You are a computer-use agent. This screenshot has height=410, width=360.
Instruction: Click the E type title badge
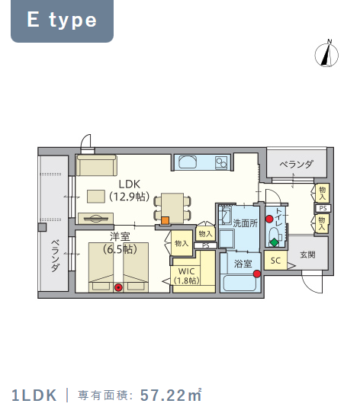(62, 21)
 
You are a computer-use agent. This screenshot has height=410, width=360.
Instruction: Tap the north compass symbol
(326, 53)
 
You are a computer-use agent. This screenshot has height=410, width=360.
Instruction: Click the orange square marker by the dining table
(165, 220)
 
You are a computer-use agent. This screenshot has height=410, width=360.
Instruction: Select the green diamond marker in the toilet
(274, 242)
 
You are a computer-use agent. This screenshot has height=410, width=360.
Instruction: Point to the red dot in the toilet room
(269, 219)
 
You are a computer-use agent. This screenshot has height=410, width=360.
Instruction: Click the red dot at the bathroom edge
(257, 274)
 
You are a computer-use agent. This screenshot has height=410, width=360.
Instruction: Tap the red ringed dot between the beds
(118, 287)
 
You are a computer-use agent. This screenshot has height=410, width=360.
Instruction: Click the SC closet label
(275, 261)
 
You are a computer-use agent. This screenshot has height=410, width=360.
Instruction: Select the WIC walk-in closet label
(186, 271)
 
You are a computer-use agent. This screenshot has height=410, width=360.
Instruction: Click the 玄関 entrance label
(307, 255)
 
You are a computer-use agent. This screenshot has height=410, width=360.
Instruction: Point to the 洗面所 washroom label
(245, 223)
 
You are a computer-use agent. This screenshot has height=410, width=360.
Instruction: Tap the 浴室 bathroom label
(243, 264)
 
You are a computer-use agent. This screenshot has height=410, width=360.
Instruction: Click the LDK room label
(129, 184)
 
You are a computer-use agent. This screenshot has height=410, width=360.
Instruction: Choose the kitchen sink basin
(188, 162)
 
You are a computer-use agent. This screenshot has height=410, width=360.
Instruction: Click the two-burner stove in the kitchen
(221, 162)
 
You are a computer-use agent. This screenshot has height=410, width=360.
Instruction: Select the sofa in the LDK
(96, 165)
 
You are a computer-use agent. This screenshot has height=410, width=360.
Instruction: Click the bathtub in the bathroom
(239, 283)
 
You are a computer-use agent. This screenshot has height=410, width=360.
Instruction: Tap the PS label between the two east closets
(323, 208)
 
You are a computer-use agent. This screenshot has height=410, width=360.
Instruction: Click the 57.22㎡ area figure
(171, 395)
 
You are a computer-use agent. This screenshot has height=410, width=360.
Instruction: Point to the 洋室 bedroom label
(120, 237)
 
